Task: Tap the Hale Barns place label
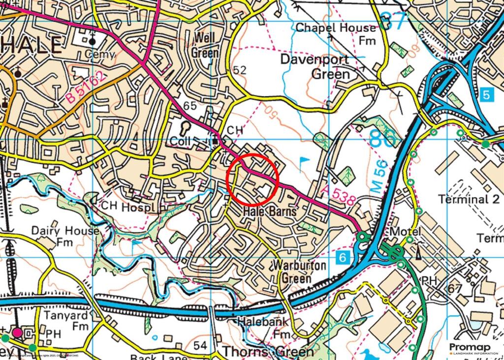(x=270, y=212)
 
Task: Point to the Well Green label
(x=206, y=44)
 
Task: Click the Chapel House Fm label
(x=336, y=33)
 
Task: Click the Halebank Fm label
(x=263, y=327)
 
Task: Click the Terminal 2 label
(x=469, y=199)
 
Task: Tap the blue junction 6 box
(x=343, y=257)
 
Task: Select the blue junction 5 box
(x=486, y=95)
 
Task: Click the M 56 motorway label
(x=379, y=179)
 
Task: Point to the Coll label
(x=180, y=141)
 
